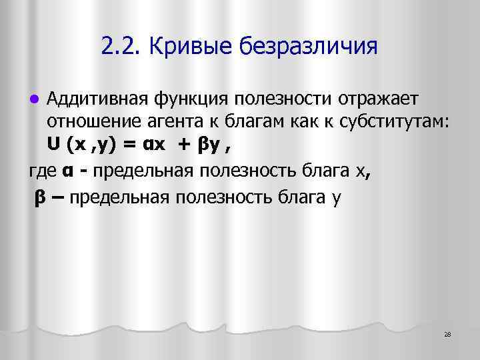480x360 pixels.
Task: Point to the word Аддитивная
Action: pos(97,99)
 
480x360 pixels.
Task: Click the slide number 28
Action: pos(447,334)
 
